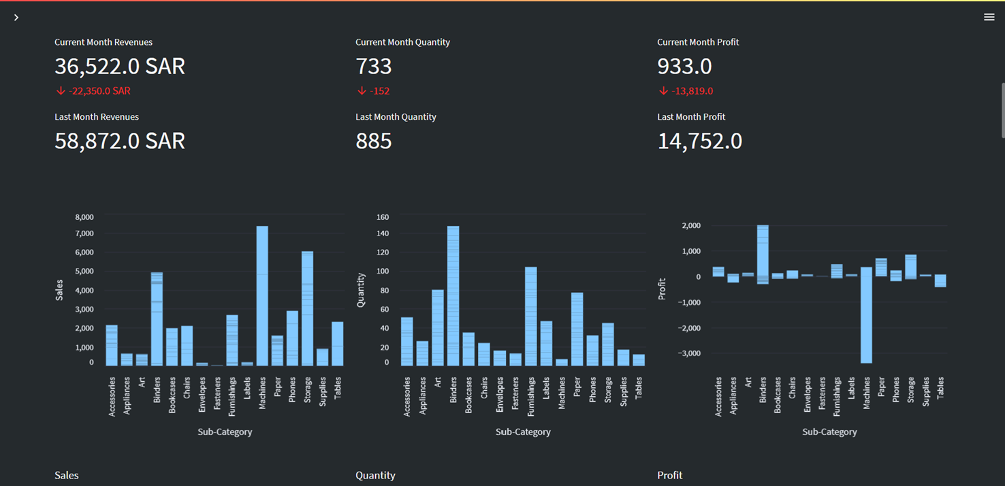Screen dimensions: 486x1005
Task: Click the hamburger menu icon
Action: [x=989, y=17]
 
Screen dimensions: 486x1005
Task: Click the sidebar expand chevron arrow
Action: [x=16, y=18]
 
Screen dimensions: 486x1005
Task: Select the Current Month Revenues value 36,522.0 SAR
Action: [x=120, y=66]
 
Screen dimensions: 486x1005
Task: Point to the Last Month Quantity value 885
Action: [x=374, y=141]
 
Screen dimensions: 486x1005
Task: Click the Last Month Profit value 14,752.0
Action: [x=699, y=141]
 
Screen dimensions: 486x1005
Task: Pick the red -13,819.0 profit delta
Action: [x=686, y=91]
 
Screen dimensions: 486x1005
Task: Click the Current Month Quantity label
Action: [x=402, y=42]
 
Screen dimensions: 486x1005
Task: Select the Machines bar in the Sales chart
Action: [x=262, y=296]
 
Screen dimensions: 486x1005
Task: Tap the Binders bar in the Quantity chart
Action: [x=453, y=296]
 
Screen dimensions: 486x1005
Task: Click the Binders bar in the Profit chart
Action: [x=763, y=252]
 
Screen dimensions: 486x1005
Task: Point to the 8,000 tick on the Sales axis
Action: [x=84, y=217]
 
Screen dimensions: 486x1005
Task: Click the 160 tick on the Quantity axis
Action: [x=383, y=217]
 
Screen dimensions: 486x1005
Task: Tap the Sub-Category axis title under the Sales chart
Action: [x=225, y=432]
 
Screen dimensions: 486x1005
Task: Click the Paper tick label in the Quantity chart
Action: [x=577, y=389]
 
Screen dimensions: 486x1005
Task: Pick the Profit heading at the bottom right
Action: [x=669, y=475]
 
